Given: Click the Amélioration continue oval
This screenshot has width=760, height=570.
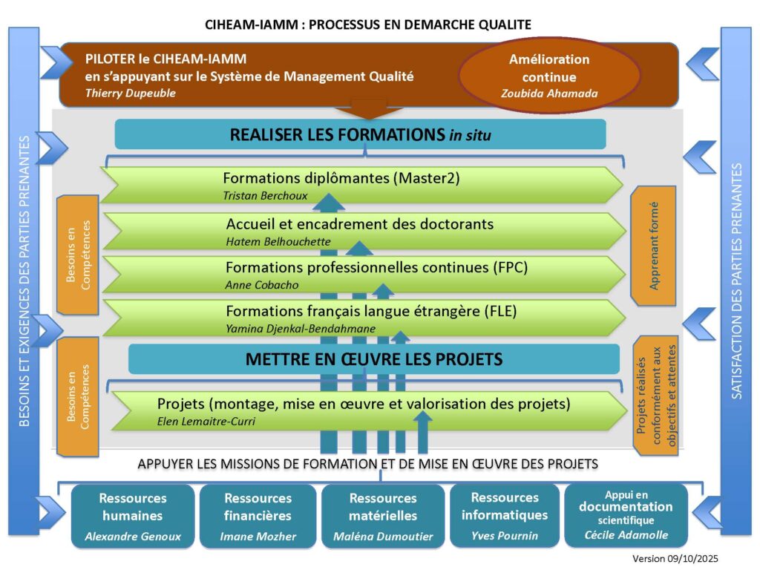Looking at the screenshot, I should [x=549, y=76].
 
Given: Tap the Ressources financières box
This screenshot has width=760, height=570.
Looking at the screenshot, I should [x=258, y=516].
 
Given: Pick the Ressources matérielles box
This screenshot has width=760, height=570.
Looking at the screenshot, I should [x=383, y=516].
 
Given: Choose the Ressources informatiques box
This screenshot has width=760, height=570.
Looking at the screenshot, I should [x=505, y=516].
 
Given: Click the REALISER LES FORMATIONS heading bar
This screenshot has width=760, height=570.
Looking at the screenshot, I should [x=361, y=135].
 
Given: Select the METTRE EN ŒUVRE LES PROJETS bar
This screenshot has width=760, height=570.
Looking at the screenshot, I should [x=374, y=359].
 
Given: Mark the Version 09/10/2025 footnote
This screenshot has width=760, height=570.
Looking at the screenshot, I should [x=675, y=558].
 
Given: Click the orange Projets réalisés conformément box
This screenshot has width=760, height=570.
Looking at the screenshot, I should [x=654, y=395].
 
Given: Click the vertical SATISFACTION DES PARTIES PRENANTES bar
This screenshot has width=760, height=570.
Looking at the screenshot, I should [x=736, y=282].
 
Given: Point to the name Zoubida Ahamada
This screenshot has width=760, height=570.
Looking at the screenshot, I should [x=549, y=94].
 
